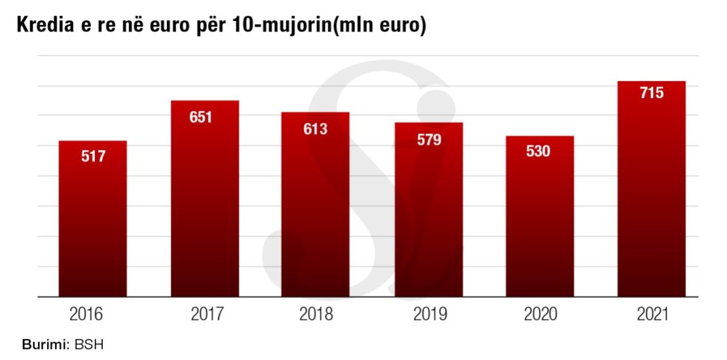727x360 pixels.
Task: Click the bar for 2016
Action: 93,219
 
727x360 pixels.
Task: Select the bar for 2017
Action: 204,200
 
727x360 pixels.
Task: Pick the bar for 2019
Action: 428,210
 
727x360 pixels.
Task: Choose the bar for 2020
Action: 540,217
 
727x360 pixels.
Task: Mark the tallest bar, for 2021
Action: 651,190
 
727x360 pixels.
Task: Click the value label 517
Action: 93,157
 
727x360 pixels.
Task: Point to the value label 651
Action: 201,118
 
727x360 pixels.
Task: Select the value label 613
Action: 315,129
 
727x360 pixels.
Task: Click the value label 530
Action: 538,151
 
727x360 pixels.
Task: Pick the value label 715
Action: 651,93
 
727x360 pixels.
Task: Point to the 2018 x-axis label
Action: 316,315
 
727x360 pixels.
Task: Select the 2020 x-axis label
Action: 540,315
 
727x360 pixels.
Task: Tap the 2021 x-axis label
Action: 652,315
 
